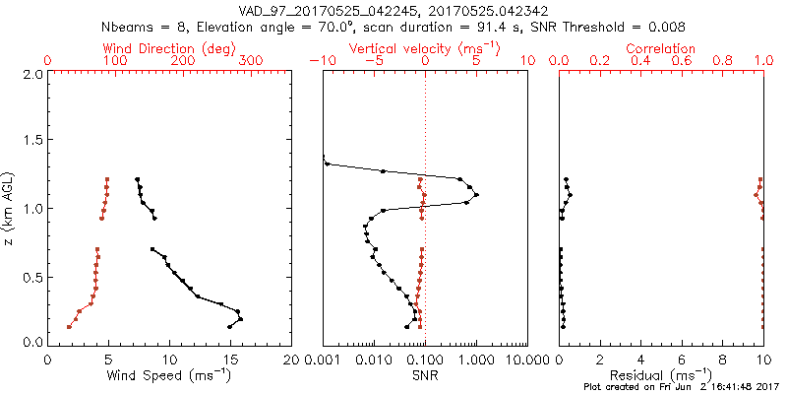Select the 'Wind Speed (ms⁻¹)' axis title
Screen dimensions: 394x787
point(169,375)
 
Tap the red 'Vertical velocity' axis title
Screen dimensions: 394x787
point(425,47)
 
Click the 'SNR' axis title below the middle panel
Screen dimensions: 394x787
point(425,375)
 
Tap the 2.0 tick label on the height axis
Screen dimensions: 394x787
point(31,74)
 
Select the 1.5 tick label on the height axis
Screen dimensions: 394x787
point(31,141)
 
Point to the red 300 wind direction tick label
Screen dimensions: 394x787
point(251,61)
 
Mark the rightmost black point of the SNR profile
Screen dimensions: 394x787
point(477,195)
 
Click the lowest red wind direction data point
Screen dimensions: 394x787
point(69,326)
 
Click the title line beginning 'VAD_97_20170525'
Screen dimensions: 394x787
point(393,10)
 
